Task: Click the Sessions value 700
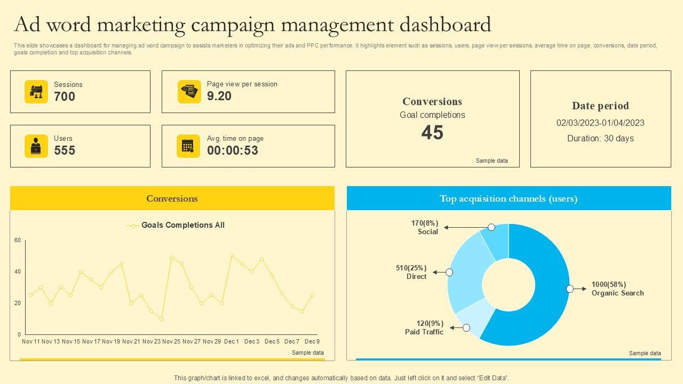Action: pyautogui.click(x=65, y=97)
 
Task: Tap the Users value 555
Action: pyautogui.click(x=65, y=150)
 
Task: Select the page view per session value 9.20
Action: pyautogui.click(x=219, y=96)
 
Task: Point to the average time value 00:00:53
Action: pyautogui.click(x=233, y=150)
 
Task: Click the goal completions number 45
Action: pyautogui.click(x=432, y=133)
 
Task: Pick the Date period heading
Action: pyautogui.click(x=600, y=106)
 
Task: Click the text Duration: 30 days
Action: pyautogui.click(x=600, y=139)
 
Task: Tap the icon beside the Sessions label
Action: pyautogui.click(x=36, y=92)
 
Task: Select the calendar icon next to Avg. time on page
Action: pyautogui.click(x=188, y=146)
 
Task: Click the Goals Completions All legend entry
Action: pyautogui.click(x=182, y=225)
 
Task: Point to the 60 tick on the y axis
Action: pyautogui.click(x=18, y=241)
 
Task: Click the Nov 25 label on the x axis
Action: pyautogui.click(x=171, y=341)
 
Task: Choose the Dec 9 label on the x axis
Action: pyautogui.click(x=312, y=341)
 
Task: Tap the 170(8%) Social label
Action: pyautogui.click(x=425, y=227)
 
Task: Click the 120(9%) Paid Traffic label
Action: pyautogui.click(x=424, y=327)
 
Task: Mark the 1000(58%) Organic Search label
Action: pyautogui.click(x=617, y=289)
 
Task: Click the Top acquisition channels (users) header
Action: pyautogui.click(x=509, y=198)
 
